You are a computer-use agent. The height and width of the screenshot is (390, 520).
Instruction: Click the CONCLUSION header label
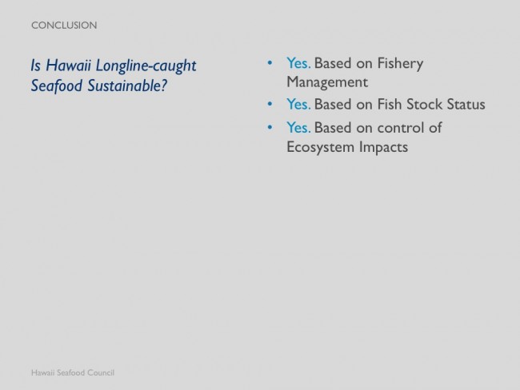click(x=64, y=26)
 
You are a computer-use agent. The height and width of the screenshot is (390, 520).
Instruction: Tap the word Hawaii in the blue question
click(x=68, y=65)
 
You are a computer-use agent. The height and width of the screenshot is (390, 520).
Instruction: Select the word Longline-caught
click(x=146, y=66)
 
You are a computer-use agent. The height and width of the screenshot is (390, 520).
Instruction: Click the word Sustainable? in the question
click(x=127, y=86)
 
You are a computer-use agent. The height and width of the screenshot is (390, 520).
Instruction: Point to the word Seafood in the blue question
click(x=57, y=86)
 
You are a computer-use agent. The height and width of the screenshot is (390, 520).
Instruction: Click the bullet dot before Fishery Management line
click(x=270, y=63)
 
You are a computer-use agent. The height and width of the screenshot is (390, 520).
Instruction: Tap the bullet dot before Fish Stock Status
click(x=270, y=104)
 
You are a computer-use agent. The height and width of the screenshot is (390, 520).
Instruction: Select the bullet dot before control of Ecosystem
click(x=270, y=127)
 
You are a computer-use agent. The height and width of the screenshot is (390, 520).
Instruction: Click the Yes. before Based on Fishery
click(x=298, y=63)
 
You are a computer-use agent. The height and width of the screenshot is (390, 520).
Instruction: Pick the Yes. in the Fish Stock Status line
click(x=298, y=104)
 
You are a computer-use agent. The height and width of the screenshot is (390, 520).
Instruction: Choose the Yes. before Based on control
click(x=298, y=127)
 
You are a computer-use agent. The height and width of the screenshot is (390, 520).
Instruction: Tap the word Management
click(x=327, y=82)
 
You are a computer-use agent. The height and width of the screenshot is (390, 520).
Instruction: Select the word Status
click(x=466, y=104)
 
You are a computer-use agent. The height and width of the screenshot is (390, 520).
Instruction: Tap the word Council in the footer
click(x=101, y=372)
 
